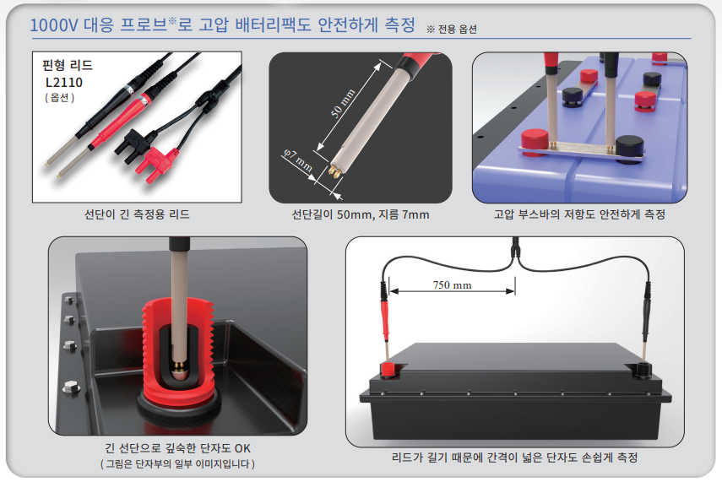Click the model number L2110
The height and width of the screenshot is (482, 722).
click(x=64, y=83)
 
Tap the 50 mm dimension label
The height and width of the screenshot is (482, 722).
click(x=343, y=103)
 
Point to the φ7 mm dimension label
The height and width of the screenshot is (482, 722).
click(x=298, y=160)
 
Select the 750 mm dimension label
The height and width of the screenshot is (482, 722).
click(x=452, y=285)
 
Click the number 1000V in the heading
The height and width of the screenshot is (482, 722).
click(x=54, y=25)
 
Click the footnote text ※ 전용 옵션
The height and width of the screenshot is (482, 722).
click(x=452, y=30)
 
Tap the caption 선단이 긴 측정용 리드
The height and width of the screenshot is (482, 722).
click(x=137, y=214)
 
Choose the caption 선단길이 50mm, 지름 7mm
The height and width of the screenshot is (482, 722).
click(x=361, y=214)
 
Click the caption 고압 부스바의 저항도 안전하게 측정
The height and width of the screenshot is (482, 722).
click(x=579, y=214)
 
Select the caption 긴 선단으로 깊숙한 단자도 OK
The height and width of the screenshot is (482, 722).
click(x=177, y=448)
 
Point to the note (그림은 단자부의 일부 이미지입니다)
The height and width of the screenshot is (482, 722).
click(x=177, y=463)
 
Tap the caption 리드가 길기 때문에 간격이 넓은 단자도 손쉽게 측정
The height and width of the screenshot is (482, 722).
click(x=515, y=458)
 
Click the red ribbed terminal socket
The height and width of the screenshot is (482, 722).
click(x=177, y=351)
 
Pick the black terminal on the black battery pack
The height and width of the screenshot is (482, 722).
click(x=642, y=370)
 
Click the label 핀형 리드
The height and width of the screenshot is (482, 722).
click(x=68, y=65)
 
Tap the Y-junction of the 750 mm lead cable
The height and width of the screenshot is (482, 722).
click(x=515, y=253)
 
